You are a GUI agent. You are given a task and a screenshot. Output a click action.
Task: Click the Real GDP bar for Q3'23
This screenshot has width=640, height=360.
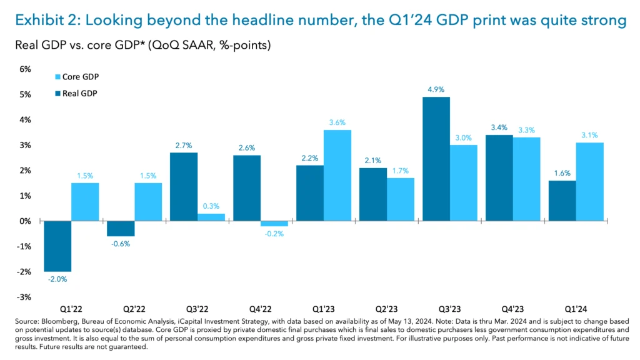(x=436, y=159)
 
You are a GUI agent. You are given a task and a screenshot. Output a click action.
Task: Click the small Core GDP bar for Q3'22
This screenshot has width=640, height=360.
(x=211, y=217)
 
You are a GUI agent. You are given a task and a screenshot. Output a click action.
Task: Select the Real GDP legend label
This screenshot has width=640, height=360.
(x=80, y=93)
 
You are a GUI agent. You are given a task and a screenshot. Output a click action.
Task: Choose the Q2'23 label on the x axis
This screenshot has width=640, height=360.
(x=387, y=308)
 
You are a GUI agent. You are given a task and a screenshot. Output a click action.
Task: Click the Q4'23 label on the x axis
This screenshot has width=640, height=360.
(x=513, y=308)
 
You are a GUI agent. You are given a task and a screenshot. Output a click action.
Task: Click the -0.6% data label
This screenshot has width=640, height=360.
(x=121, y=244)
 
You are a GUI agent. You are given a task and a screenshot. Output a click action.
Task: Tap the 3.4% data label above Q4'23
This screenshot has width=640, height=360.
(x=499, y=127)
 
